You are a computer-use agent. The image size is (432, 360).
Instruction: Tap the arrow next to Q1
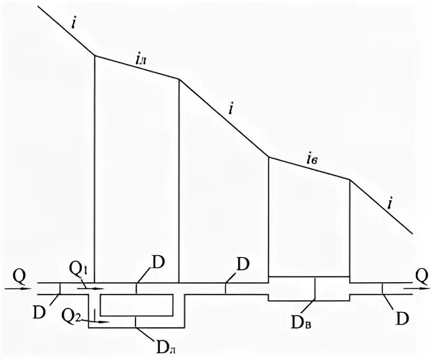[x=94, y=286]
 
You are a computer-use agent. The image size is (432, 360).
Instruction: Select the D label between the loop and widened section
[x=243, y=265]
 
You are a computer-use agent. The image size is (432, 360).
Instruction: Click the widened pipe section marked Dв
[x=308, y=288]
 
